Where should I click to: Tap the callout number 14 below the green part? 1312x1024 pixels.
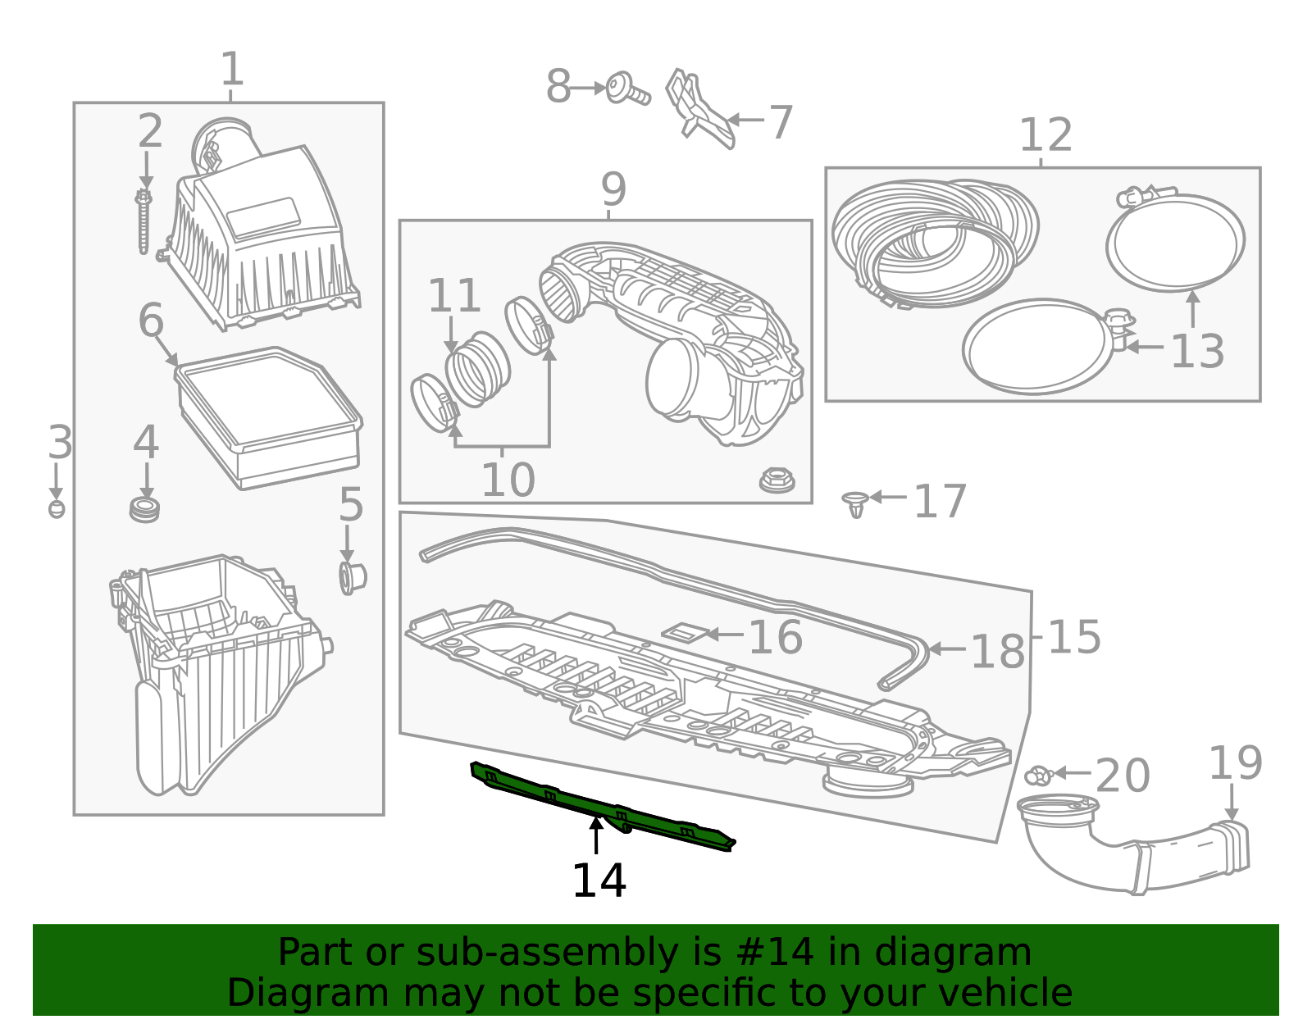point(599,882)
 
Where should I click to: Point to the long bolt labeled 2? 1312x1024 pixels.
point(144,221)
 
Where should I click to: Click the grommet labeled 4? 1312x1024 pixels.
point(145,509)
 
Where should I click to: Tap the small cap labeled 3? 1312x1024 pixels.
point(56,508)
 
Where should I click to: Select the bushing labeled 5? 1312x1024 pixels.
point(352,577)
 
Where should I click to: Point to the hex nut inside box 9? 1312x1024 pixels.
point(777,480)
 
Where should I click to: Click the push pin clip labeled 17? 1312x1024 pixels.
point(855,503)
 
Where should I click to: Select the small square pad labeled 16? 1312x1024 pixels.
point(684,633)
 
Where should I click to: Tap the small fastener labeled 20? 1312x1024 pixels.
point(1038,774)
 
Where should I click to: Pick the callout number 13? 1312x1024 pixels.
point(1196,352)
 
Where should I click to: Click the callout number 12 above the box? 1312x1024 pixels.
point(1045,135)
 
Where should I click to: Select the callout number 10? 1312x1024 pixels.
point(508,480)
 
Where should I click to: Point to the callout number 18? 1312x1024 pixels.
point(997,652)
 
